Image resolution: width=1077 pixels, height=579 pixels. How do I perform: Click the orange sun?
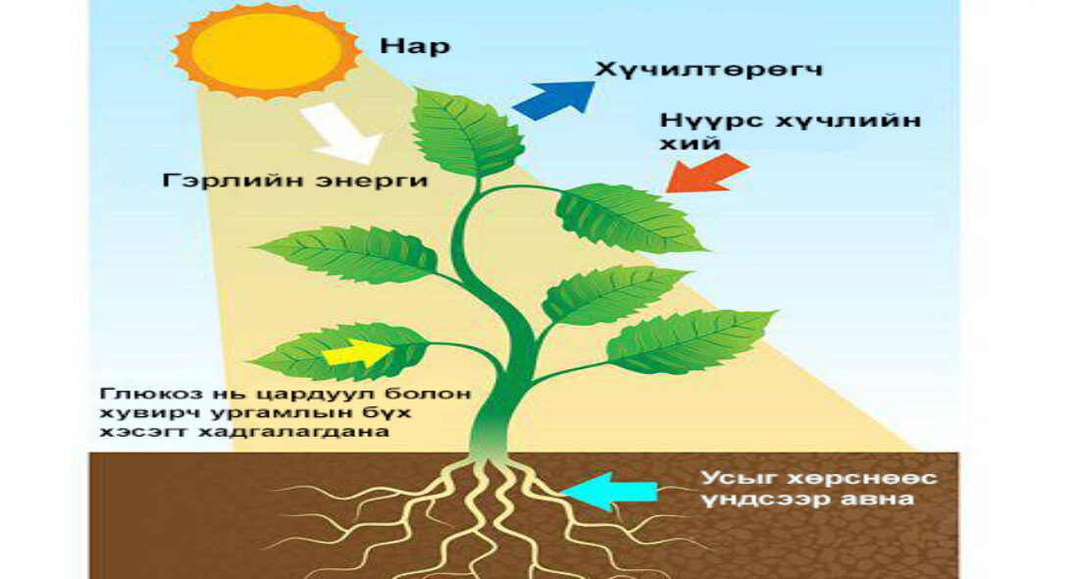tap(267, 50)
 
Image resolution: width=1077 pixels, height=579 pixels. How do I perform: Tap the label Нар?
tap(415, 47)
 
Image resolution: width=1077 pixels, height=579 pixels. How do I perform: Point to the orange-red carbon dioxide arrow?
tap(707, 173)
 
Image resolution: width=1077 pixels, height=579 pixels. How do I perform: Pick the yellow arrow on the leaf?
tap(358, 351)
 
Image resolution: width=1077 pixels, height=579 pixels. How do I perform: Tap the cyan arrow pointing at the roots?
tap(608, 492)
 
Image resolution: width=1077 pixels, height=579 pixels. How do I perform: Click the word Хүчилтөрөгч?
tap(708, 70)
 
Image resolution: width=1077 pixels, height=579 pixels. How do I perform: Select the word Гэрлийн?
tap(232, 181)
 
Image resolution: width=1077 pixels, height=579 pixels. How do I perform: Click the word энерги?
tap(371, 182)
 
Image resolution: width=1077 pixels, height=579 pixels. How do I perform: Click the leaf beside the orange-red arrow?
tap(629, 217)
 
